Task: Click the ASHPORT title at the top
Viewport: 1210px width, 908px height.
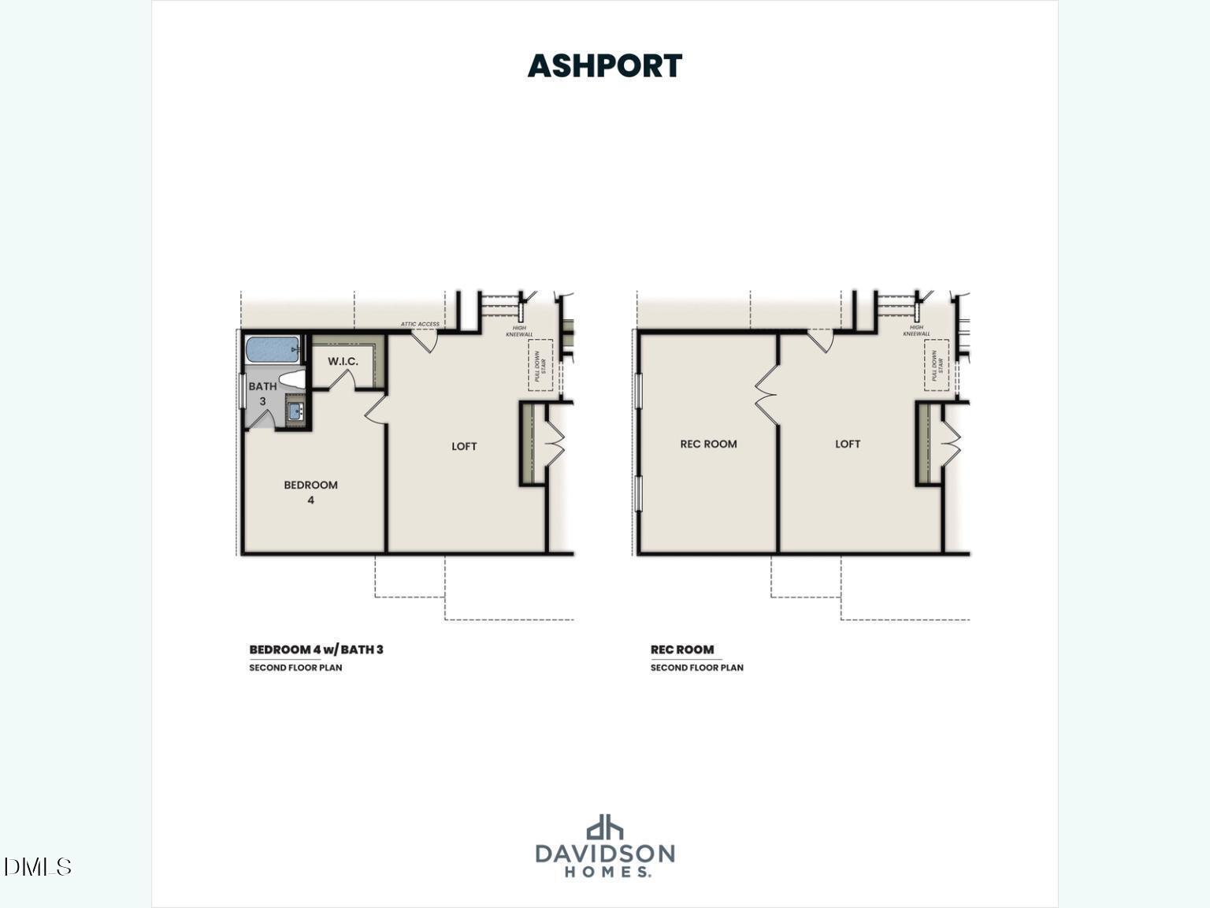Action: [604, 66]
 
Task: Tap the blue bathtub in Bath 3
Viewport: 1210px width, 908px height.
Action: [273, 348]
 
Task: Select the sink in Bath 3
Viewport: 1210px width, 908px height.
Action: [295, 411]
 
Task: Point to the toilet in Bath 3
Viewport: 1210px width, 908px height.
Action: [292, 379]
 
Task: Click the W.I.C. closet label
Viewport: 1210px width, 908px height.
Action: [343, 361]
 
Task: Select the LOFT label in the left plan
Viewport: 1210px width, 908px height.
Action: [464, 446]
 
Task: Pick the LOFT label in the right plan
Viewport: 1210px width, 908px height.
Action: [848, 444]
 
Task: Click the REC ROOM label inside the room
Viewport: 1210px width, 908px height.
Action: [708, 444]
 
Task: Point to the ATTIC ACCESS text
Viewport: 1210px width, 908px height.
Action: [419, 324]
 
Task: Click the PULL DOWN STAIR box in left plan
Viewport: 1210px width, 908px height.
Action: [540, 364]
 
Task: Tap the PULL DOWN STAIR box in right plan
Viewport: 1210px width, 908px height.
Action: [937, 364]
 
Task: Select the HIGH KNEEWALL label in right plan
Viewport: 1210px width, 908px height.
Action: [916, 330]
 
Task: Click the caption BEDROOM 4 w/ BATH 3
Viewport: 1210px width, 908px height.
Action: [316, 649]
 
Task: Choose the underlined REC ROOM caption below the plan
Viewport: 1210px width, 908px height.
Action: [681, 649]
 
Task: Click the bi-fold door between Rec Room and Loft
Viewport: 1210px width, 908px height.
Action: [766, 394]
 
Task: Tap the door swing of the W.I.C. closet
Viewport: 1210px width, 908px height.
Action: [342, 379]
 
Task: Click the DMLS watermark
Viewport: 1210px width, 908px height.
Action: [37, 867]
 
